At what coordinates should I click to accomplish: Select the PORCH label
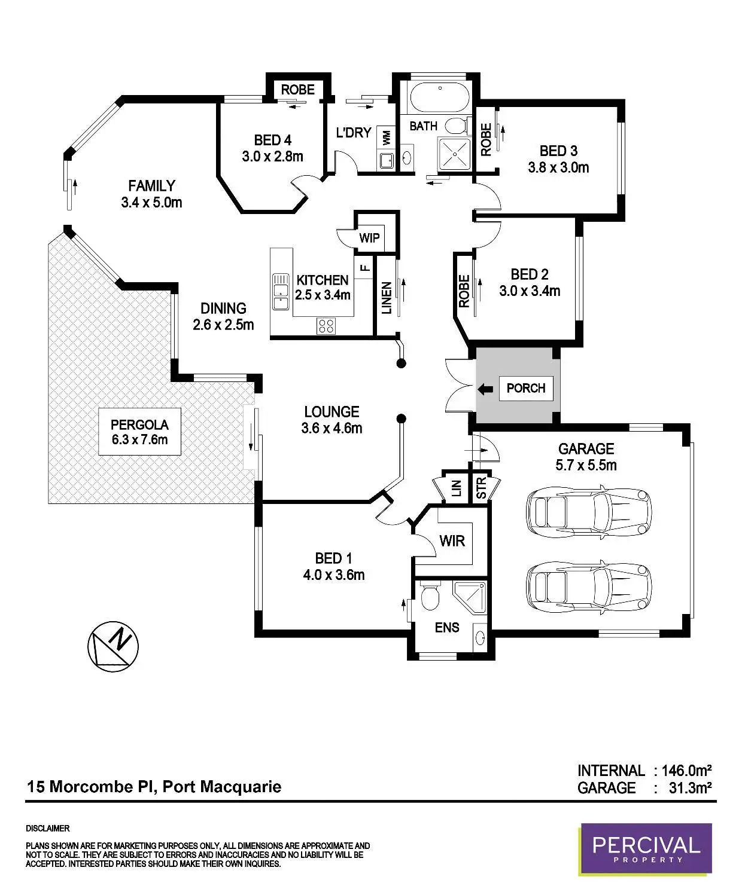click(x=525, y=389)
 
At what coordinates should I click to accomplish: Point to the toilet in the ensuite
click(x=430, y=596)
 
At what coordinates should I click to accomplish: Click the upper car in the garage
click(x=588, y=511)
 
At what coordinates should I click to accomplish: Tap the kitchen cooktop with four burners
click(x=326, y=326)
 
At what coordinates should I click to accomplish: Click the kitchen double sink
click(x=280, y=291)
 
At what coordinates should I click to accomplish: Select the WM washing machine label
click(x=386, y=138)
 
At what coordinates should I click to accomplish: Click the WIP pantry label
click(x=369, y=238)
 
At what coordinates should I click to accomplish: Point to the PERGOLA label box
click(x=139, y=432)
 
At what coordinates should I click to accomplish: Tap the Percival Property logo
click(x=646, y=849)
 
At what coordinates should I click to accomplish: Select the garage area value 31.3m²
click(x=690, y=788)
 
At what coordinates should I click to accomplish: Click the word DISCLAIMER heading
click(x=48, y=829)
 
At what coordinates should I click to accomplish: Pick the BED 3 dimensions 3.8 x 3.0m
click(x=558, y=167)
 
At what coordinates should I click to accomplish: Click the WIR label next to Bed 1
click(x=452, y=541)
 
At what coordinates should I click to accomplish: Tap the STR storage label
click(x=481, y=488)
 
